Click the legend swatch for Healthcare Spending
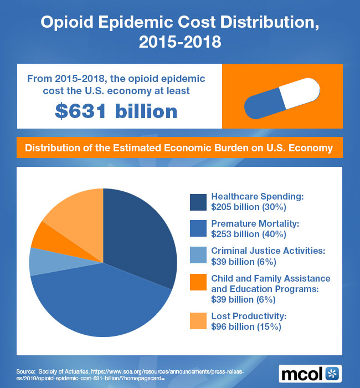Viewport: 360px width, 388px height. point(198,202)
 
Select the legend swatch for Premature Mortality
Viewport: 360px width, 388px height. point(198,228)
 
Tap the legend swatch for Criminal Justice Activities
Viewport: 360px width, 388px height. point(198,256)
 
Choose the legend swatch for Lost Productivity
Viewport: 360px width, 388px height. point(198,321)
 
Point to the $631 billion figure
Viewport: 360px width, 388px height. point(116,111)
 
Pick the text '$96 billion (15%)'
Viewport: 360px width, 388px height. point(246,326)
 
